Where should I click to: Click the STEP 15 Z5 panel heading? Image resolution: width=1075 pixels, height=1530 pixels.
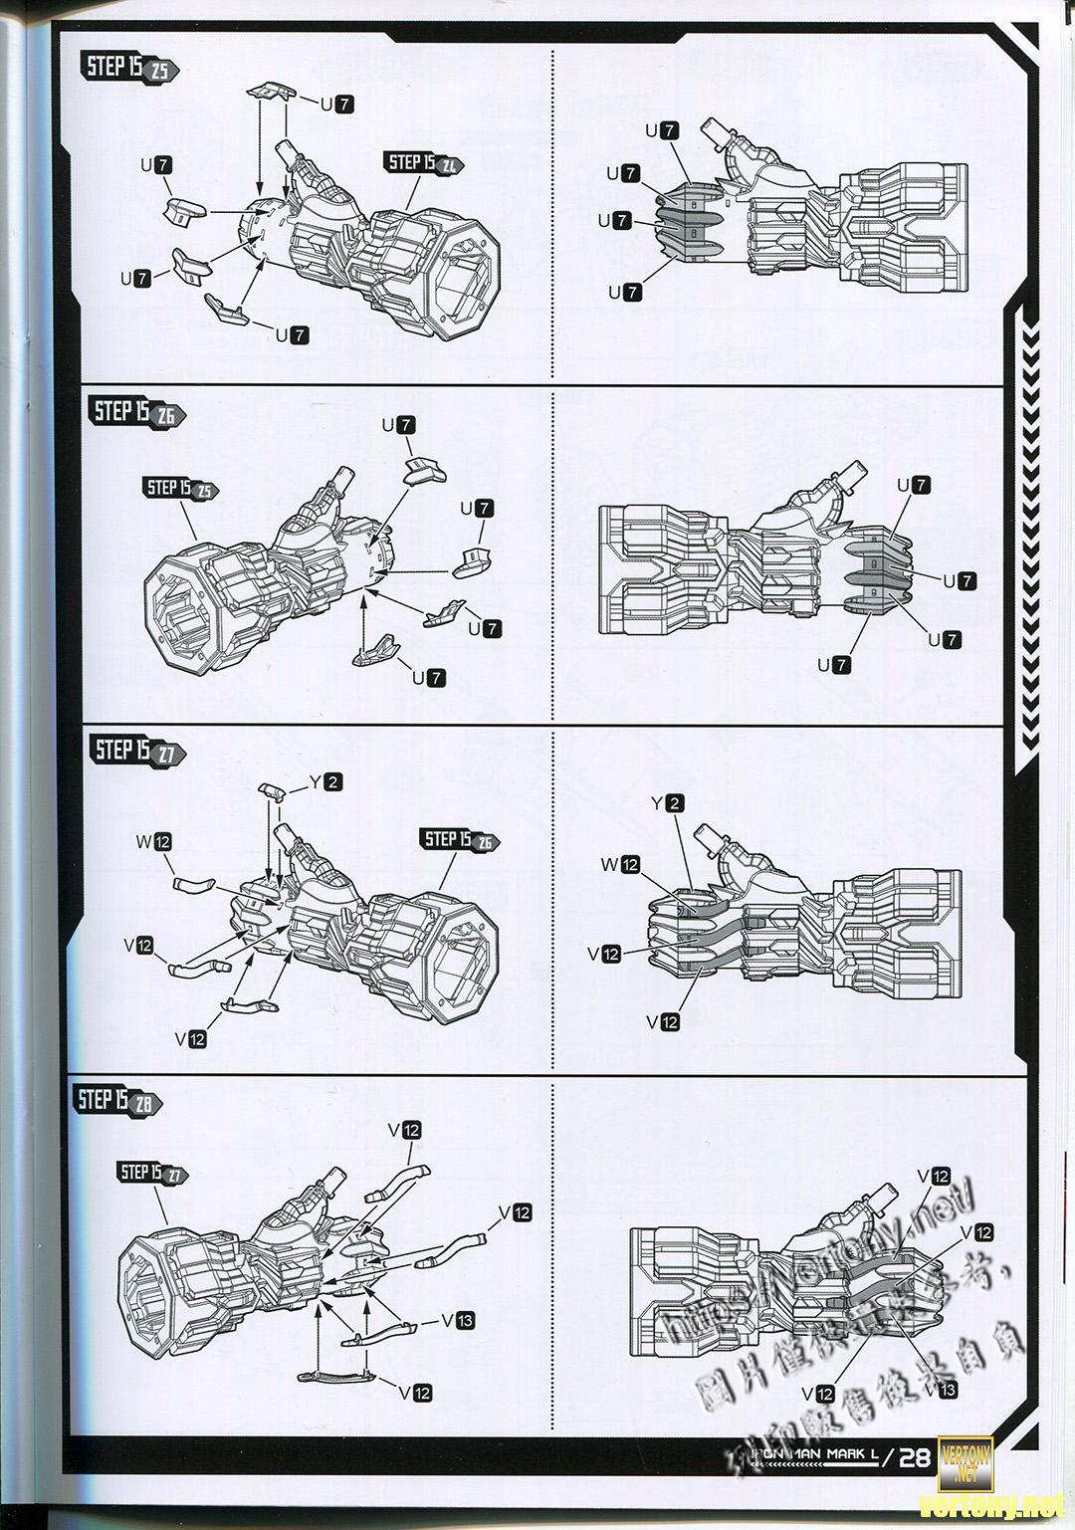pos(125,69)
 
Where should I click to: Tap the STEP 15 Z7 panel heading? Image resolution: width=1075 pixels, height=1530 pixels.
pos(135,751)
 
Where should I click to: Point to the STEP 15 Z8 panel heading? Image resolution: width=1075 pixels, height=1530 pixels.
pos(117,1101)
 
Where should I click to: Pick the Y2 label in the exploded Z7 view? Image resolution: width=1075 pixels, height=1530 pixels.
pos(324,782)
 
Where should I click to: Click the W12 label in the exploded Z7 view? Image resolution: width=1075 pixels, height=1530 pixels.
pos(155,842)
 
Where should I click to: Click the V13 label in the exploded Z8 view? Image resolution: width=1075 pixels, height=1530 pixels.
pos(459,1320)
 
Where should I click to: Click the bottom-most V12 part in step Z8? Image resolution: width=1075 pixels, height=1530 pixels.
pos(338,1377)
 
